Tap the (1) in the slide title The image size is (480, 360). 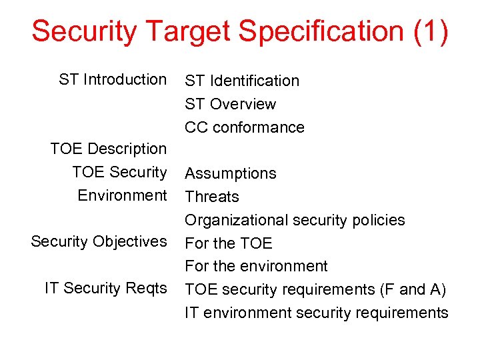click(x=431, y=31)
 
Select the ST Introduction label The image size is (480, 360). click(x=113, y=79)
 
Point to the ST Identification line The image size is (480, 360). click(x=242, y=81)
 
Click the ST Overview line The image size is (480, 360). click(x=230, y=104)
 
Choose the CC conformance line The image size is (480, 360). click(x=245, y=127)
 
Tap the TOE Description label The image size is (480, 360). click(x=108, y=149)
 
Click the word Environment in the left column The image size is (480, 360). click(x=122, y=195)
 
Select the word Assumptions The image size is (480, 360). click(x=230, y=173)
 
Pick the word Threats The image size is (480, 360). click(x=212, y=197)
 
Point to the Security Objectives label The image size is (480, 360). click(x=99, y=241)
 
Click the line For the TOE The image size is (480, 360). click(x=229, y=243)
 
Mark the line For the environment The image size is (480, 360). click(x=256, y=266)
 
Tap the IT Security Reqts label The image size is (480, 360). click(x=105, y=288)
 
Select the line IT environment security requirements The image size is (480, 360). click(x=317, y=313)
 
